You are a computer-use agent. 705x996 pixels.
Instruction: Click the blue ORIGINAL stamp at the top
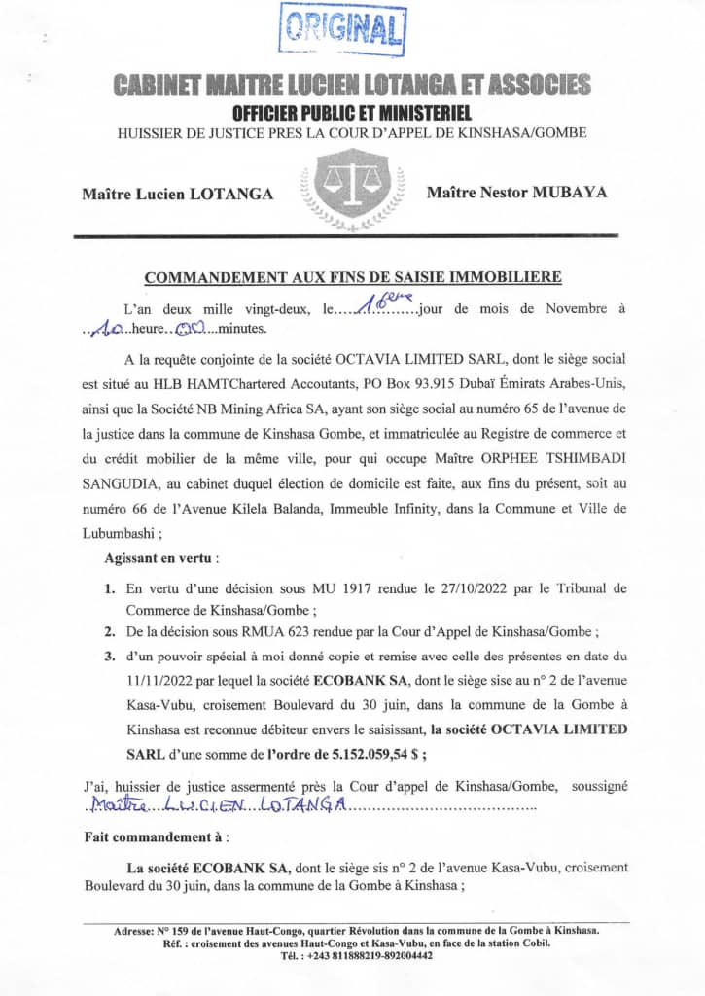tap(342, 28)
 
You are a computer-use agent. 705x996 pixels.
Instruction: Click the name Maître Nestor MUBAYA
tap(516, 192)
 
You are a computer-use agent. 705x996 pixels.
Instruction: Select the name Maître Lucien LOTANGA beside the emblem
tap(177, 193)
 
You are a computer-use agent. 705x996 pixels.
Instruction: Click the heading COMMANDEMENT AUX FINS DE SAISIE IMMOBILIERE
tap(352, 277)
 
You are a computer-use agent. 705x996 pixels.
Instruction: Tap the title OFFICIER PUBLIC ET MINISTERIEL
tap(352, 114)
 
